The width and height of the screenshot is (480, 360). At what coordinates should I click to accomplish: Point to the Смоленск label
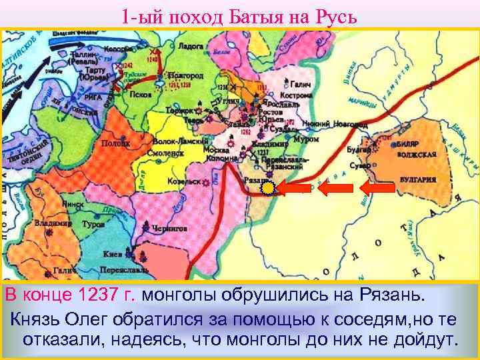click(x=171, y=151)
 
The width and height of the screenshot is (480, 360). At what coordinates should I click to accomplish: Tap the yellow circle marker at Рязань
click(x=267, y=189)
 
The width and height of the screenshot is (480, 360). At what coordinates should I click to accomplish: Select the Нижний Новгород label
click(x=327, y=123)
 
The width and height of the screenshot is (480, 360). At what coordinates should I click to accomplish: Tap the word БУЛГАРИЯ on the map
click(x=419, y=179)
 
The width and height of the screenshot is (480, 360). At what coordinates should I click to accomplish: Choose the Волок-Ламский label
click(x=175, y=141)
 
